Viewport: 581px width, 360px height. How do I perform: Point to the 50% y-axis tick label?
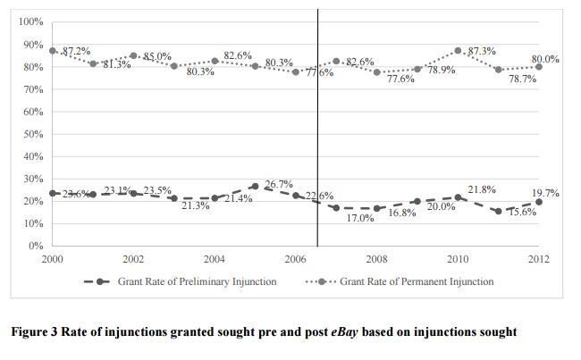pos(33,134)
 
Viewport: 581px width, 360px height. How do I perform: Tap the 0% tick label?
pos(36,246)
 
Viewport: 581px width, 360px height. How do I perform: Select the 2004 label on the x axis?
pos(215,259)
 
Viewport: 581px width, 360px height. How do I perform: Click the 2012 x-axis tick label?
pos(538,259)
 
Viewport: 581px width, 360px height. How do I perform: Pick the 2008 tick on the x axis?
pos(376,259)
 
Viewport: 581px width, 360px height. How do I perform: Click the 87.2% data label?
pos(76,51)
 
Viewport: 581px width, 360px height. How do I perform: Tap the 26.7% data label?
pos(279,184)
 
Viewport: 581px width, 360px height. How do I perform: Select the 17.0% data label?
pos(360,218)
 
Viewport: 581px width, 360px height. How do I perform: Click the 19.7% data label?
pos(545,192)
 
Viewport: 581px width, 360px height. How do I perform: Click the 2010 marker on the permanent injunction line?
pos(458,51)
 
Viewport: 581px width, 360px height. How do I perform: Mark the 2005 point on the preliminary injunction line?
pos(256,187)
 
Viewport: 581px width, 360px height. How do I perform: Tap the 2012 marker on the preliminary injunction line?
pos(538,202)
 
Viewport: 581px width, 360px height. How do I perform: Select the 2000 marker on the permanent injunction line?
pos(54,51)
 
